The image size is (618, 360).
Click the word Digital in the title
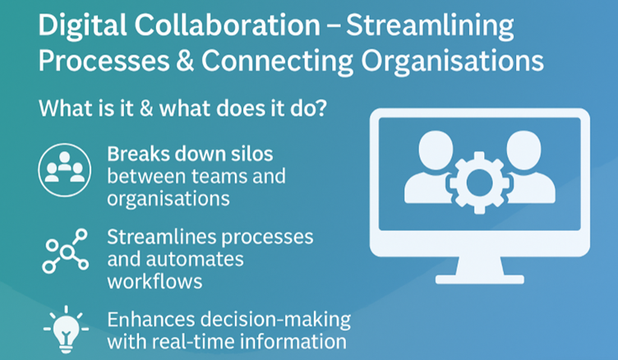click(x=82, y=25)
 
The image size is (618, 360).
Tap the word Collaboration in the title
click(x=227, y=25)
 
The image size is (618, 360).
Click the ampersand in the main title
click(x=185, y=60)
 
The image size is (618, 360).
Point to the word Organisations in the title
click(x=453, y=62)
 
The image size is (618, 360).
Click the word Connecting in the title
click(x=277, y=62)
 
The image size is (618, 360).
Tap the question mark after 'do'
click(x=321, y=108)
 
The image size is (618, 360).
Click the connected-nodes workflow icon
click(x=66, y=251)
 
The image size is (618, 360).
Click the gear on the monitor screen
click(x=479, y=182)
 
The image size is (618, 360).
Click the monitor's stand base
click(x=480, y=279)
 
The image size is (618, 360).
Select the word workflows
click(x=154, y=282)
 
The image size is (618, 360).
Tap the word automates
click(x=195, y=260)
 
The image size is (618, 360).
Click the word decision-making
click(x=275, y=321)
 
